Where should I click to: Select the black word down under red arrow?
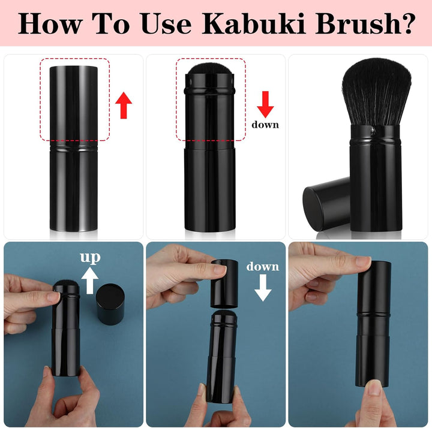(265, 125)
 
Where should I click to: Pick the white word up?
(91, 258)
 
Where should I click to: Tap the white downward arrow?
(262, 287)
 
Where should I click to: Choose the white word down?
(262, 266)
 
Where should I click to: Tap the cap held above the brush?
(225, 282)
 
